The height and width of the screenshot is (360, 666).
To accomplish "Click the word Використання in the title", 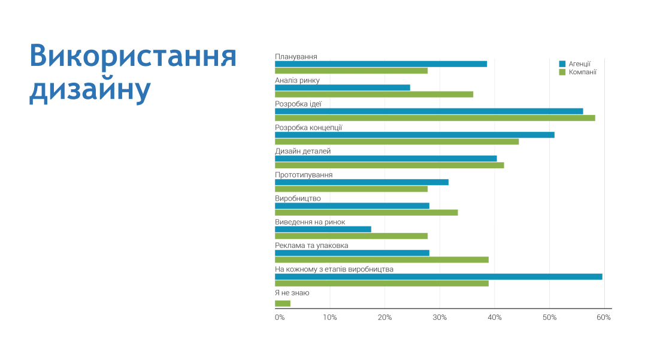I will point(133,56).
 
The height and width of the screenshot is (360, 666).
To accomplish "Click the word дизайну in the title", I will point(89,90).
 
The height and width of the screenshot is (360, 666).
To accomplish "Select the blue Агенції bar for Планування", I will point(381,63).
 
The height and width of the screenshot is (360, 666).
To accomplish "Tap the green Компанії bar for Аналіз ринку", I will point(374,94).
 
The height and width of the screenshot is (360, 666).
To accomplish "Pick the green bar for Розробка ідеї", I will point(435,118).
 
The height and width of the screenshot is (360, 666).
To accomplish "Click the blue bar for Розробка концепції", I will point(414,135).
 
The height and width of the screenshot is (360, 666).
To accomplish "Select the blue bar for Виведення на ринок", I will point(323,229).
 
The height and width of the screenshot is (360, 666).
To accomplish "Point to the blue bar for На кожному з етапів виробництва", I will point(438,277).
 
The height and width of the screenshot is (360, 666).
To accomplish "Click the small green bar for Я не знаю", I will point(283,304).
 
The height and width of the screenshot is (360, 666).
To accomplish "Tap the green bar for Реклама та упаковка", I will point(382,260).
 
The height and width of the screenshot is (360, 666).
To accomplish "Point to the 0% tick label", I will point(280,317).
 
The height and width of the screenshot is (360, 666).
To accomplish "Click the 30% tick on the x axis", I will point(440,317).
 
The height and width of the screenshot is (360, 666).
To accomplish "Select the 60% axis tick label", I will point(604,317).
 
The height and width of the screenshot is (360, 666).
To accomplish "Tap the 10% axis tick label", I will point(329,317).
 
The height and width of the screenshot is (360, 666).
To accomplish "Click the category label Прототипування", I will point(304,175).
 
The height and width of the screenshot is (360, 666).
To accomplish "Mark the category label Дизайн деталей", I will point(302,151).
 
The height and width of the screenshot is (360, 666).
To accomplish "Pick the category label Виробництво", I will point(298,198).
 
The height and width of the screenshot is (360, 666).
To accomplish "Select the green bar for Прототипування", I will point(351,189).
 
